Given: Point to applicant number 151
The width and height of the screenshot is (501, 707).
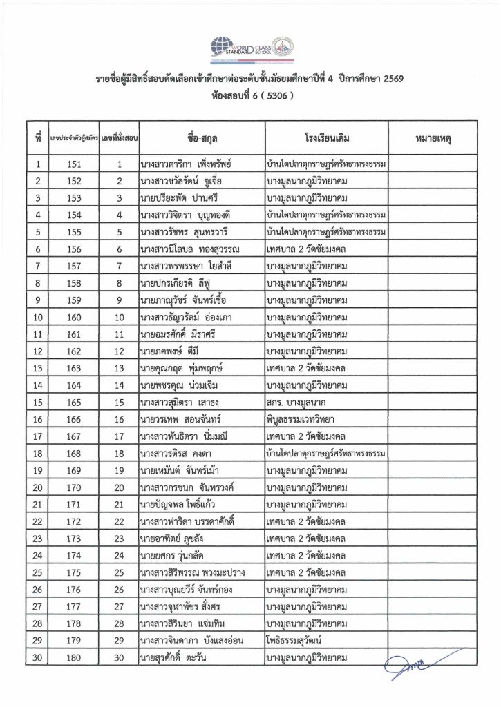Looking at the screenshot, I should tap(75, 164).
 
